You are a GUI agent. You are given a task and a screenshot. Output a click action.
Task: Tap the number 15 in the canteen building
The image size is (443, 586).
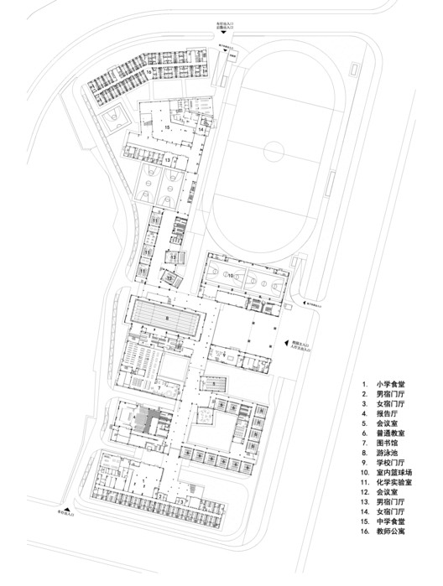click(168, 127)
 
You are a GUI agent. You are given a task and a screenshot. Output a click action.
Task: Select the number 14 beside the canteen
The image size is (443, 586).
click(201, 131)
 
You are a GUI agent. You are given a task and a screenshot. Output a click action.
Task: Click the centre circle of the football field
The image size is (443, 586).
click(273, 153)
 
